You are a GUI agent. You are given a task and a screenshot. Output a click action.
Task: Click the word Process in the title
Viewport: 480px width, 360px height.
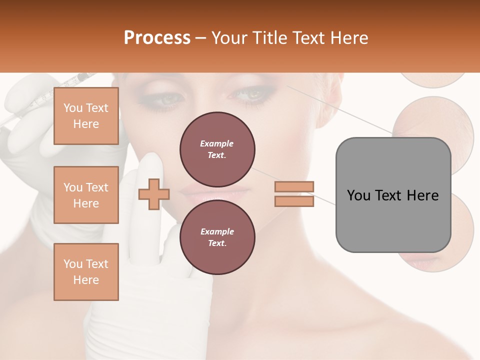157,38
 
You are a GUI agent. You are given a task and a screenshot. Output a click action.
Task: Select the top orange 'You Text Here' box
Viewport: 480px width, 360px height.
86,116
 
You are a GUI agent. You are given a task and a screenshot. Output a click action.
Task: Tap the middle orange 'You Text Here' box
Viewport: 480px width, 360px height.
86,195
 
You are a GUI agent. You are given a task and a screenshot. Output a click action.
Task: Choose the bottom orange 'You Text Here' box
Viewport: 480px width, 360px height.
86,272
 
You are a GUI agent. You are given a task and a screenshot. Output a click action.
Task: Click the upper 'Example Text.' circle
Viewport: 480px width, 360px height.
217,149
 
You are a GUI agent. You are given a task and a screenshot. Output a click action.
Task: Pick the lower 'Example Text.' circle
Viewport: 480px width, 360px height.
217,237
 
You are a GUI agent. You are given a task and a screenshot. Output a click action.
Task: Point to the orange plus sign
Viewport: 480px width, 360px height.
154,194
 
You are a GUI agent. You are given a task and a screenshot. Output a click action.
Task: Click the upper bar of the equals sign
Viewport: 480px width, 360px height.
294,186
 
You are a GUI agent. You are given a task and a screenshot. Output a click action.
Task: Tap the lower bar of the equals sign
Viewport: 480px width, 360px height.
294,201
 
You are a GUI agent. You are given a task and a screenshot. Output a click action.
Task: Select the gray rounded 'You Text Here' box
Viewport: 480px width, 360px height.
393,195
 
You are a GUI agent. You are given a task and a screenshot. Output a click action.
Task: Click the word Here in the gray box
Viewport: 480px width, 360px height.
422,195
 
